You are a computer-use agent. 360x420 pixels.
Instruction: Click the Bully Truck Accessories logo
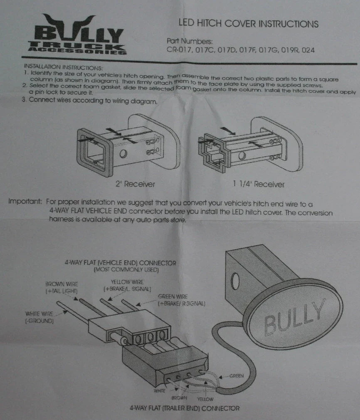pyautogui.click(x=77, y=35)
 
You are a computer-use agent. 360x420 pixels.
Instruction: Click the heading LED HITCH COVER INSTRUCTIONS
pyautogui.click(x=249, y=24)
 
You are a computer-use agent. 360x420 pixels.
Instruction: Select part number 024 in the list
pyautogui.click(x=308, y=50)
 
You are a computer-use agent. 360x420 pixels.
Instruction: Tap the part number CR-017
pyautogui.click(x=179, y=50)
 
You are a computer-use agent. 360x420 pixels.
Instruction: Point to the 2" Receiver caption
pyautogui.click(x=135, y=184)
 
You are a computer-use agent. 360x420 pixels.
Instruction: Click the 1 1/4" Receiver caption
pyautogui.click(x=259, y=184)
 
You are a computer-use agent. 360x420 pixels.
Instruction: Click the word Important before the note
pyautogui.click(x=25, y=201)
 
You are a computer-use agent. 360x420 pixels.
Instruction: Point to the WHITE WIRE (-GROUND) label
pyautogui.click(x=39, y=317)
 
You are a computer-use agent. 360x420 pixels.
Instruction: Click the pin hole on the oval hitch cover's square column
pyautogui.click(x=235, y=281)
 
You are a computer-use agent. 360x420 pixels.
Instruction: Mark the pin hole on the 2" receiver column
pyautogui.click(x=123, y=154)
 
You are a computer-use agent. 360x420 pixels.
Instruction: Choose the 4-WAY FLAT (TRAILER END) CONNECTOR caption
pyautogui.click(x=185, y=408)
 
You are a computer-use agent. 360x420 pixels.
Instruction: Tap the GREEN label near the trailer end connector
pyautogui.click(x=237, y=376)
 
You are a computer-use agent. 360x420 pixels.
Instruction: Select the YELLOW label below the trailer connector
pyautogui.click(x=205, y=399)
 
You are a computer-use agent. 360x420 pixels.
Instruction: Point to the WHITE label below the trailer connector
pyautogui.click(x=160, y=391)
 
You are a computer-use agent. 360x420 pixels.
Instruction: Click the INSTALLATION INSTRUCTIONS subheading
pyautogui.click(x=63, y=67)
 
